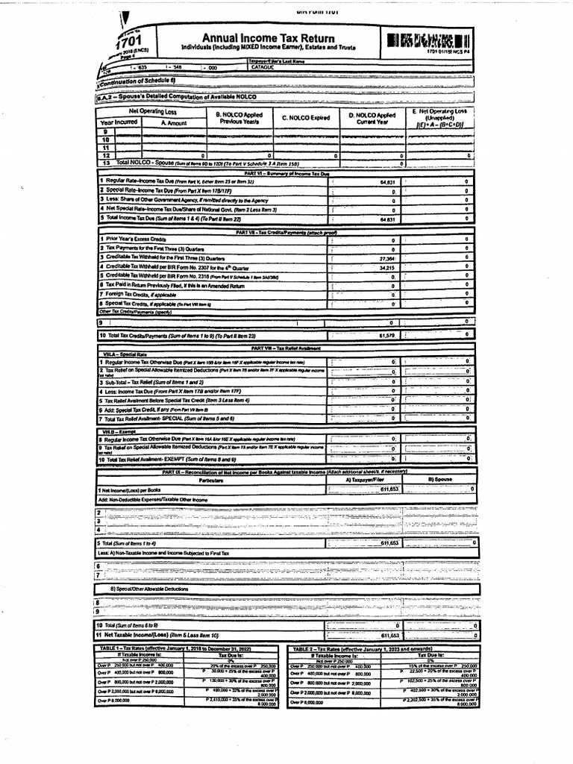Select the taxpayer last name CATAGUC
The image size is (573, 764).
[x=265, y=66]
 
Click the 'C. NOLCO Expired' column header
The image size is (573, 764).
[x=305, y=117]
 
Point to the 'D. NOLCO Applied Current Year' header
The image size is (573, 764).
[x=372, y=118]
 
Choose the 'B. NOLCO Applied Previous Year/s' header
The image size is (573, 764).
[x=236, y=118]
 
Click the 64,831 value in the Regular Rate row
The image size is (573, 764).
[x=386, y=181]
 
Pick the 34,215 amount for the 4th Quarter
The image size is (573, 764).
[x=386, y=266]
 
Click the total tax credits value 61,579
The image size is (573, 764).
[x=386, y=336]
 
